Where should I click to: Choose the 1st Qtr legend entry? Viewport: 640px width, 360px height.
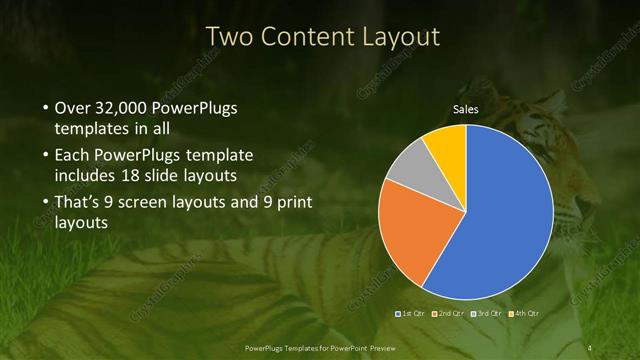[414, 315]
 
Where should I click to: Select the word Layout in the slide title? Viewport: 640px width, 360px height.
[399, 38]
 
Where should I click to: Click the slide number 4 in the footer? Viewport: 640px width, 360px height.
[590, 347]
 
